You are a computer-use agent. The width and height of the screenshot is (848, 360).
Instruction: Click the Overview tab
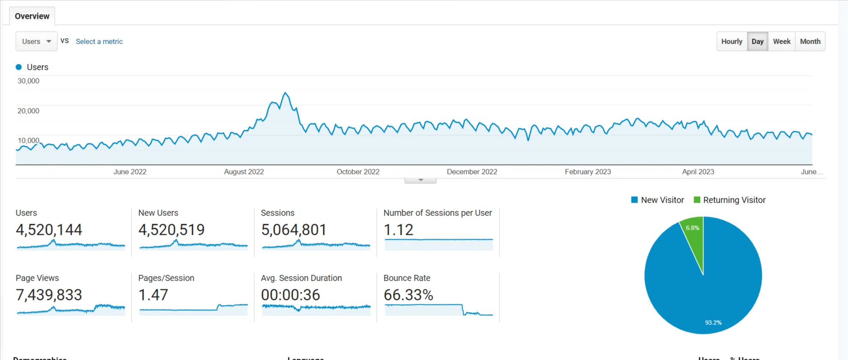32,16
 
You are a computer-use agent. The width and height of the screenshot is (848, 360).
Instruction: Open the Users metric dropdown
36,42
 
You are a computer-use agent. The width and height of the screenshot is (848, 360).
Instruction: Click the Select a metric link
99,42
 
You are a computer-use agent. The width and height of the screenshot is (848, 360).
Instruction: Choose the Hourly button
731,42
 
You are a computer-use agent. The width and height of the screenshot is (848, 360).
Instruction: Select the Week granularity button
781,42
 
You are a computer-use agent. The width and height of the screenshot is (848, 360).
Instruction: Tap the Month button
810,42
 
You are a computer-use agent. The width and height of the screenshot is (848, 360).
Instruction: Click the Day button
757,42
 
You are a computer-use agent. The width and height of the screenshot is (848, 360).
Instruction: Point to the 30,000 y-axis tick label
28,81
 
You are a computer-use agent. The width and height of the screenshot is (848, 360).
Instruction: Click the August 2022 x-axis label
244,172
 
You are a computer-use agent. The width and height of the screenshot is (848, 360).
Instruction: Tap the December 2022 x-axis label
472,172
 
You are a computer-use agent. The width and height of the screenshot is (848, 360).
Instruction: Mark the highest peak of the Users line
285,93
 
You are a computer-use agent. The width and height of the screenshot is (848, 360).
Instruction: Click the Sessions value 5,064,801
294,230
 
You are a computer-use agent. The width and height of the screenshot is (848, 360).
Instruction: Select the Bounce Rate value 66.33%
408,295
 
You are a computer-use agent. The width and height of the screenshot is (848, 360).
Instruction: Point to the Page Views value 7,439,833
49,295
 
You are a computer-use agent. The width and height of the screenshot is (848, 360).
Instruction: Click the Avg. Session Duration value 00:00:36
290,295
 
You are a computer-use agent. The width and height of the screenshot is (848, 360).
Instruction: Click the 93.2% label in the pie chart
713,323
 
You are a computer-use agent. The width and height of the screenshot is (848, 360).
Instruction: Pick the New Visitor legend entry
658,200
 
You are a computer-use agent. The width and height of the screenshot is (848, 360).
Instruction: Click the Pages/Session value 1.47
153,295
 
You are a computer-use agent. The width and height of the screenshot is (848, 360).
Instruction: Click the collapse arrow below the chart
421,180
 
